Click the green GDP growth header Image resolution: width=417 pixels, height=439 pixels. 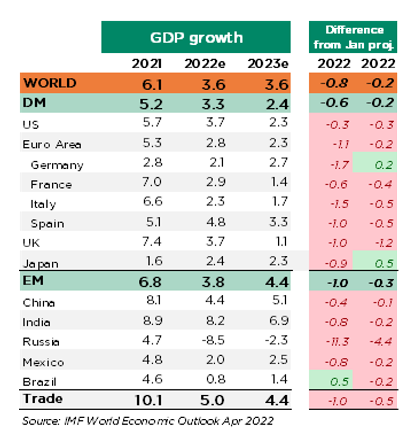(x=196, y=37)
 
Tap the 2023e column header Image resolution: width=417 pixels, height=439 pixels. (x=267, y=64)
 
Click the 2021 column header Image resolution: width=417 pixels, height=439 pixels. (x=147, y=64)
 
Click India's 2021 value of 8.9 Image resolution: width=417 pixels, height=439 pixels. (x=152, y=322)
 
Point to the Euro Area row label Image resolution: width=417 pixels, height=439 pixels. (x=52, y=144)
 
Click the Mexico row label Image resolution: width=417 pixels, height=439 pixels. (x=43, y=362)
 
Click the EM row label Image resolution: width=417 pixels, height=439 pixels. (x=33, y=281)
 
